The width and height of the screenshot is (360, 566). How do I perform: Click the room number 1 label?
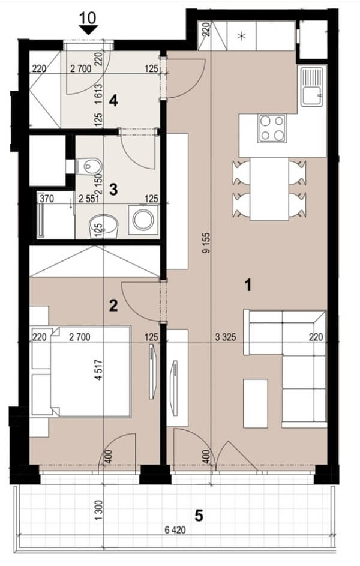coord(247,286)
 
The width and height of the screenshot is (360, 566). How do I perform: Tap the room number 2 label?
coord(113,306)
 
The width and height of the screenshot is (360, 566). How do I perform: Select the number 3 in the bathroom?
coord(113,189)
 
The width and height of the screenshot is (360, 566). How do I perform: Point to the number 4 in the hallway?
coord(113,101)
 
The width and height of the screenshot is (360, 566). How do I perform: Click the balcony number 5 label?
coord(199,516)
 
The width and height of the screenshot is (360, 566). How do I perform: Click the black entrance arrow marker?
coord(88,30)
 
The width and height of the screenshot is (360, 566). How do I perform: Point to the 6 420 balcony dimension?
coord(175,530)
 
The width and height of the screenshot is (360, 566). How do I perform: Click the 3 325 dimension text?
coord(226,337)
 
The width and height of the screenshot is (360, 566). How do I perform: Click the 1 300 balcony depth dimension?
coord(100,510)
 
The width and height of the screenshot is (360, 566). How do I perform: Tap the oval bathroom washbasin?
coord(104,226)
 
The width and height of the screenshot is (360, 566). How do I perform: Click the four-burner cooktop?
coord(272,128)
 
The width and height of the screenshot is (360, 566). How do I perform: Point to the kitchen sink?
coord(312,86)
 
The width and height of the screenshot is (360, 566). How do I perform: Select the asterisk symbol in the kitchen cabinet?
coord(242,35)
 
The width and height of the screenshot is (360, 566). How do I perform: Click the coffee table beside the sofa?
coord(256,403)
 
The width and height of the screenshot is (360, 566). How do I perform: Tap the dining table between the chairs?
coord(269,189)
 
